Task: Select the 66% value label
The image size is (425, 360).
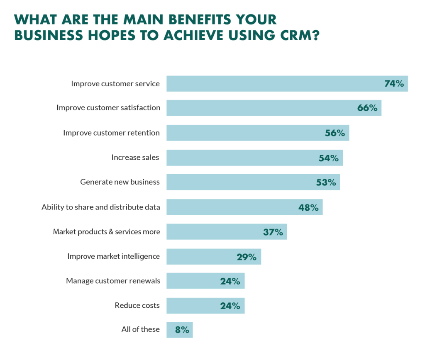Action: click(367, 108)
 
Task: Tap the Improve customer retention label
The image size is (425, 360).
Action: click(111, 133)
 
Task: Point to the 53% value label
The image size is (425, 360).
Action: click(326, 182)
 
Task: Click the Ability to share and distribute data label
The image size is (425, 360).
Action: click(101, 207)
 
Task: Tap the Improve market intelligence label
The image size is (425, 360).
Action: click(113, 256)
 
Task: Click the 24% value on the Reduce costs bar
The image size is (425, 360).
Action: click(230, 306)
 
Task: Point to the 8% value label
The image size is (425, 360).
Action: click(182, 330)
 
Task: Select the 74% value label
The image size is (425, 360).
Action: click(394, 83)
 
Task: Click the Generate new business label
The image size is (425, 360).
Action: click(120, 182)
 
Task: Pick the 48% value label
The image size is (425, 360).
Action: click(308, 207)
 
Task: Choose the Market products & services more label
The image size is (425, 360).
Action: click(106, 232)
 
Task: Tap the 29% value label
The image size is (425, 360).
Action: click(247, 257)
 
